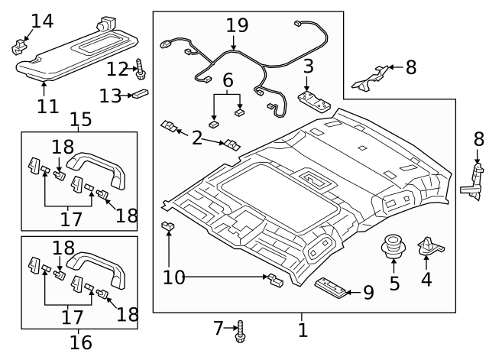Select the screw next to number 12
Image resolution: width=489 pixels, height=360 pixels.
point(141,70)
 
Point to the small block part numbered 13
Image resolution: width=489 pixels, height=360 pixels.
point(140,95)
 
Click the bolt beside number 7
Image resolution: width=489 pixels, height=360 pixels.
point(242,329)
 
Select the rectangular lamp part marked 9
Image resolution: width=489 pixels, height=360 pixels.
point(332,285)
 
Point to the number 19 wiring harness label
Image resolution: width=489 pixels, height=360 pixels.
point(237,25)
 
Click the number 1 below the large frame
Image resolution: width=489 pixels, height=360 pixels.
point(303,330)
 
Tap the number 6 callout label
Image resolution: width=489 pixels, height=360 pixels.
point(228,79)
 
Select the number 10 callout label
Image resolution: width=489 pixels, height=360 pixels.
point(173,277)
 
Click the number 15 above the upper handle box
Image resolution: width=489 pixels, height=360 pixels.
point(80,119)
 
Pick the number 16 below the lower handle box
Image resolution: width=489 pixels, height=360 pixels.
point(80,342)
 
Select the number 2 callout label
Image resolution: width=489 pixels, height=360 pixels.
point(197,138)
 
